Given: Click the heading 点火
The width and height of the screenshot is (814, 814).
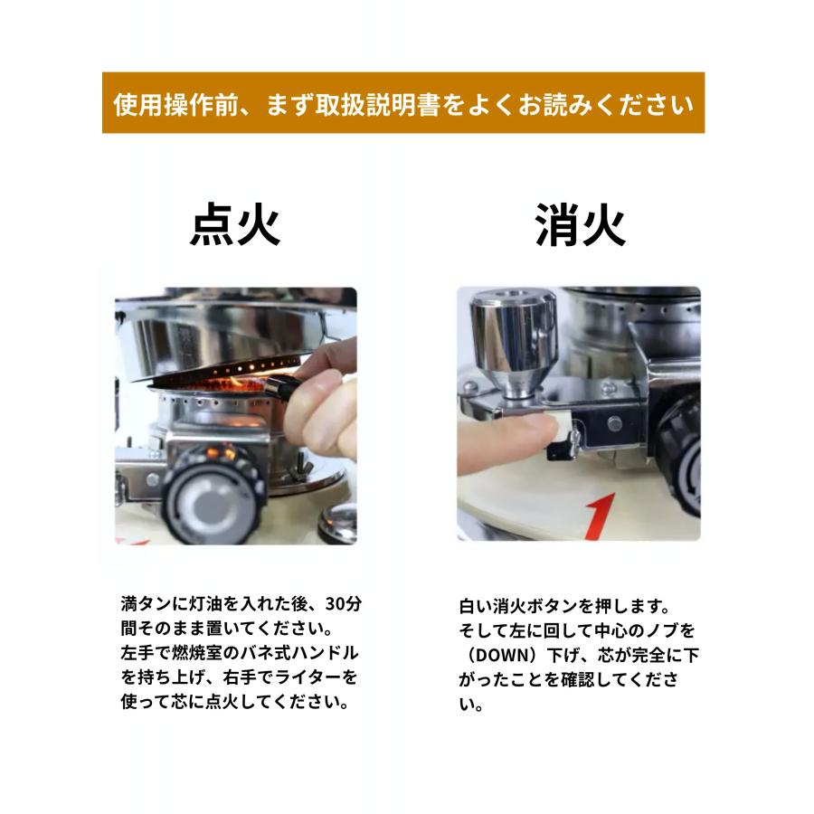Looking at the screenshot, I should pyautogui.click(x=235, y=225).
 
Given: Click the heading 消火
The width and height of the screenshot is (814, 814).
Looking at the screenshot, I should pyautogui.click(x=580, y=225).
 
